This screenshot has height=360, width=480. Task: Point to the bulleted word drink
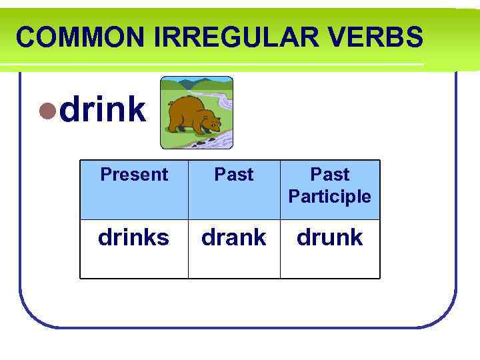click(x=102, y=110)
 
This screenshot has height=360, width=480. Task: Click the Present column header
click(x=134, y=175)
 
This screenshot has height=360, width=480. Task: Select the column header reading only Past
click(x=234, y=175)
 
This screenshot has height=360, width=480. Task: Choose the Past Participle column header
click(x=330, y=185)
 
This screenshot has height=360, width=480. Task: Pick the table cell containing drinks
click(x=134, y=237)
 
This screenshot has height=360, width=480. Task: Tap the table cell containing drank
click(x=234, y=237)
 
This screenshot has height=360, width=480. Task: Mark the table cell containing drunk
click(x=330, y=237)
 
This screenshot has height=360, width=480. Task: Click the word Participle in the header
click(x=330, y=197)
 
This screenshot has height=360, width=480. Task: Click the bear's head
click(x=211, y=124)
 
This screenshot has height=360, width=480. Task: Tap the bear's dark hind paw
click(x=176, y=131)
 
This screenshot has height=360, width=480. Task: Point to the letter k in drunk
click(x=356, y=237)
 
